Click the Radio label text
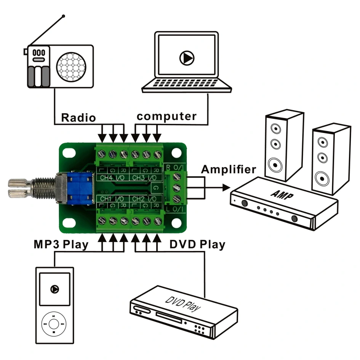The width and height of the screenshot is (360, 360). (78, 117)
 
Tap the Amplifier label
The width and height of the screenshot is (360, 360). (229, 169)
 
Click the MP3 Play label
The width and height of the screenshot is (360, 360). (61, 244)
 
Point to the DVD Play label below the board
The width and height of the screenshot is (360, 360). (197, 244)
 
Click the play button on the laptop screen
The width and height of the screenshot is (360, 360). (187, 58)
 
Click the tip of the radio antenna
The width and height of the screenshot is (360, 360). (63, 16)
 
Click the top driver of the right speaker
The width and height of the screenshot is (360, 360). (323, 143)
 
